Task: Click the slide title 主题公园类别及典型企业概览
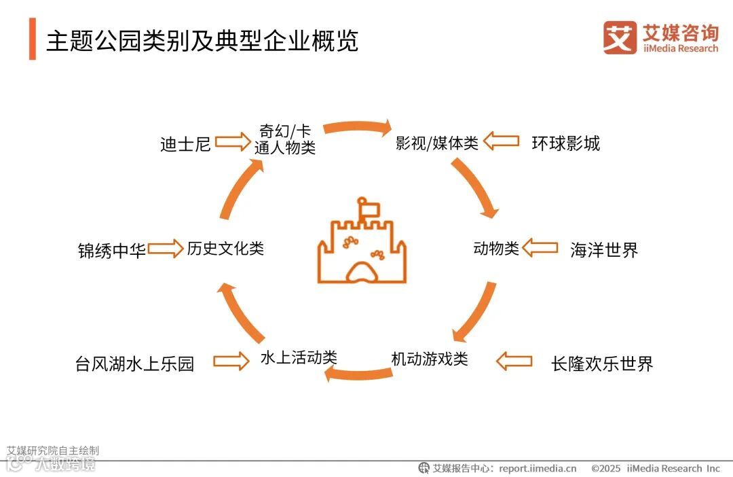(x=202, y=41)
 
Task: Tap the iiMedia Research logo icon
(x=620, y=37)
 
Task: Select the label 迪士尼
(x=185, y=144)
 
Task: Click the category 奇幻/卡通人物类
(x=285, y=139)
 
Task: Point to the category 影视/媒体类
(x=437, y=143)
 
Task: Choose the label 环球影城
(x=565, y=143)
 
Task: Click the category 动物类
(x=496, y=249)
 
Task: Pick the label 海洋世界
(x=604, y=250)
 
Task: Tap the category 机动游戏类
(x=430, y=359)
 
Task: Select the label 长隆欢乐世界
(x=602, y=364)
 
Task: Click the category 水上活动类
(x=299, y=357)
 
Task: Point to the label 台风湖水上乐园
(x=134, y=364)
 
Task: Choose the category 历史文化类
(x=225, y=249)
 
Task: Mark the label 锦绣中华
(x=112, y=251)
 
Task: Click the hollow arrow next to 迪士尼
(x=233, y=143)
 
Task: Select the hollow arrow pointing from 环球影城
(x=502, y=142)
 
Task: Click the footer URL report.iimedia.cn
(x=538, y=468)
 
